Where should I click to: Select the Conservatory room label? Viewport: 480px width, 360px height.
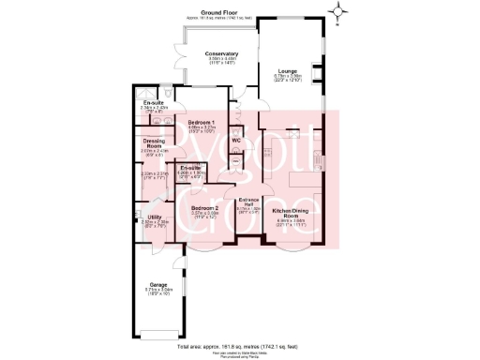tap(221, 54)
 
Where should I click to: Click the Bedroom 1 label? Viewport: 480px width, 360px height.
tap(202, 124)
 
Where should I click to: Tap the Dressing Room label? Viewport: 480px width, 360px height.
tap(152, 144)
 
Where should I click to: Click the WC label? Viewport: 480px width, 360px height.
tap(236, 141)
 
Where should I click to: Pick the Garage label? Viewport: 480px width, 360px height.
tap(157, 284)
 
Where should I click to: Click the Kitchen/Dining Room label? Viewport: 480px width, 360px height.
tap(291, 213)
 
